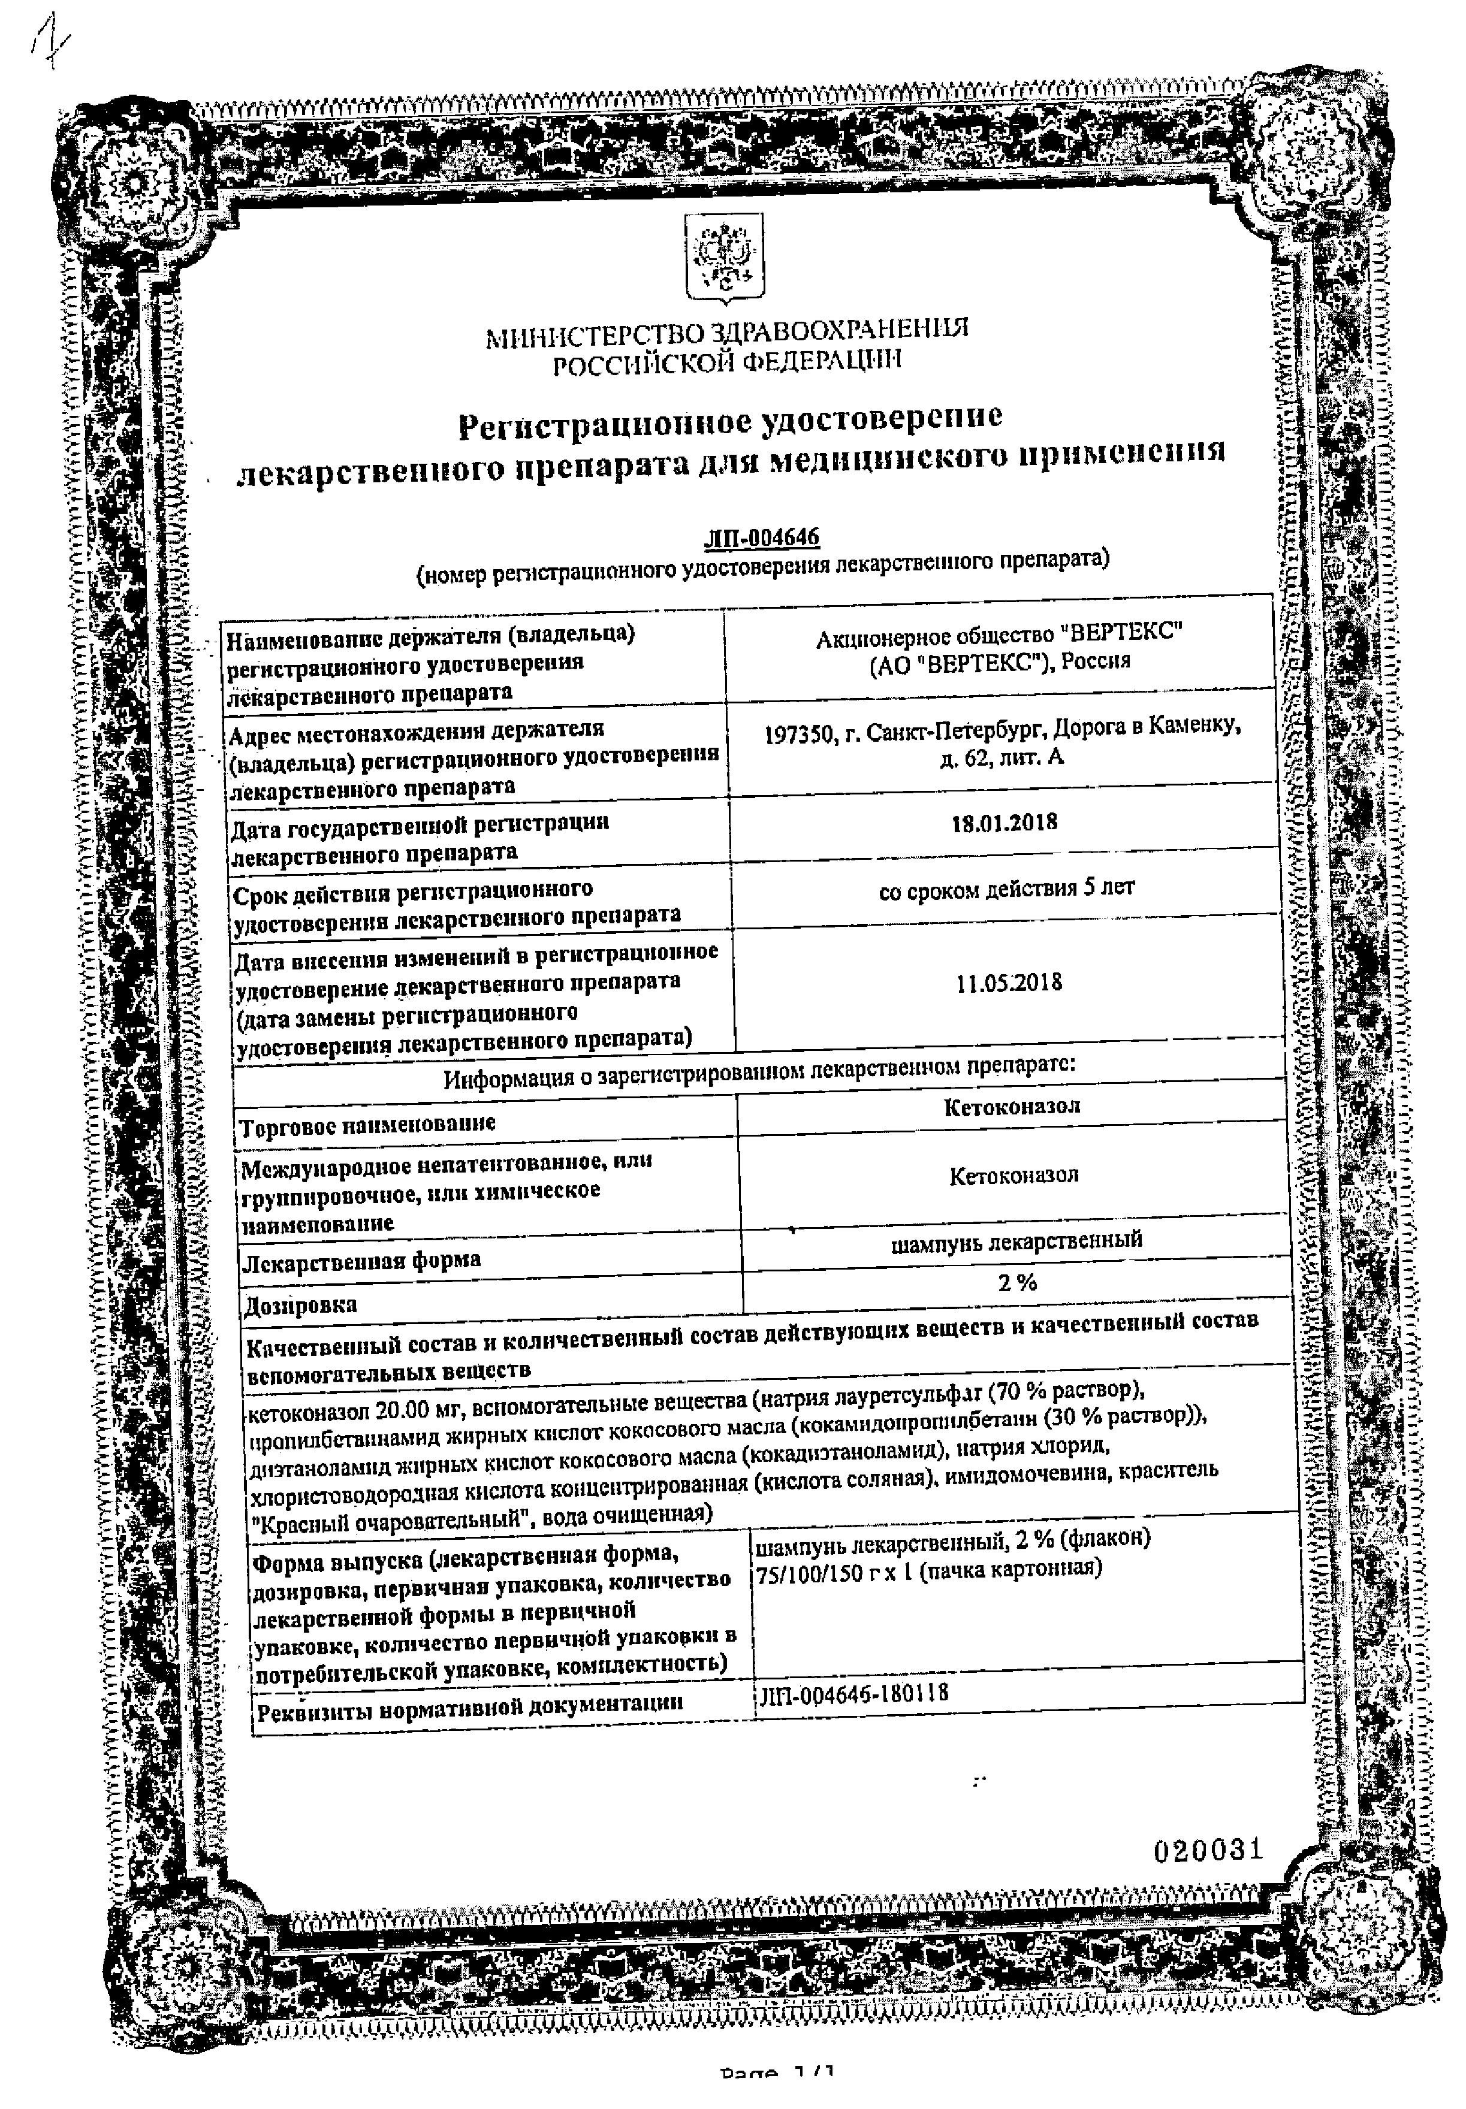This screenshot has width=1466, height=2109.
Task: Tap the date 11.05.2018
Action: (x=1009, y=983)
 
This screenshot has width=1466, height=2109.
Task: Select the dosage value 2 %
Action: (x=1017, y=1283)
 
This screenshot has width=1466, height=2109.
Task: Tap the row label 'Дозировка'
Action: (x=300, y=1305)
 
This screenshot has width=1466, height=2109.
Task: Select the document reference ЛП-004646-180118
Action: (x=854, y=1693)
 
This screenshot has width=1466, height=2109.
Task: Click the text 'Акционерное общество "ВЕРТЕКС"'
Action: (x=999, y=633)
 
